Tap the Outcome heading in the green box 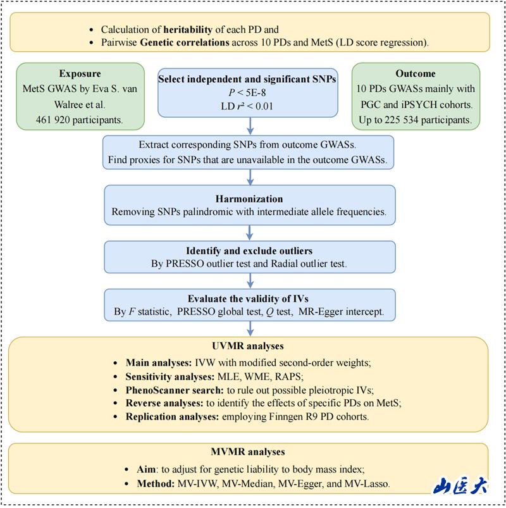point(416,73)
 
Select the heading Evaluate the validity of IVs point(250,299)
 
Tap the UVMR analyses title point(250,347)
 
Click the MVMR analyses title point(250,452)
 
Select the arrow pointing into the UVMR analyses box point(250,329)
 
